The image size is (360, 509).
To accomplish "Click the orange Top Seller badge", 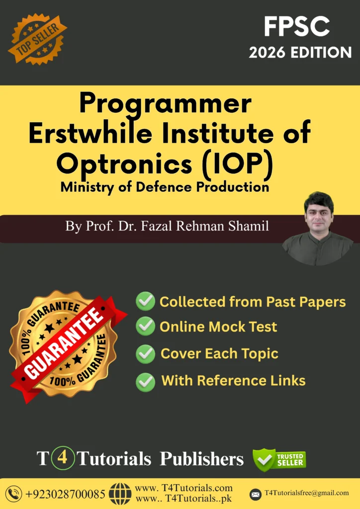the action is [37, 39].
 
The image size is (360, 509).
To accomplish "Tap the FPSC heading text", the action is [297, 27].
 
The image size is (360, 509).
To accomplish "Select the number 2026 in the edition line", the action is [268, 53].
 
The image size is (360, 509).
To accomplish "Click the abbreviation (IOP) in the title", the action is [237, 163].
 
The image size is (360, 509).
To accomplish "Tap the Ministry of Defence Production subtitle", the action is [165, 187].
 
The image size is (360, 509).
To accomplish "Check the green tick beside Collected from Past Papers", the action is [145, 302].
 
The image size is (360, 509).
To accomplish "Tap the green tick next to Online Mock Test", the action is [145, 326].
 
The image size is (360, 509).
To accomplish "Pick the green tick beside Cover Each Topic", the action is [145, 353].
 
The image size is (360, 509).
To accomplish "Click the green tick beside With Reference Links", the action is [145, 382].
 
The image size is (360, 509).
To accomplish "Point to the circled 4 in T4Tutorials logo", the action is [63, 458].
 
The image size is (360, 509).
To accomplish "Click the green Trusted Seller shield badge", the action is [279, 459].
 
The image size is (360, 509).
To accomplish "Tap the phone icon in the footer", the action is [14, 494].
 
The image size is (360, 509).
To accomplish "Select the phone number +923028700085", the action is [65, 494].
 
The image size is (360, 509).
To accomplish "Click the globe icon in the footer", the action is [120, 494].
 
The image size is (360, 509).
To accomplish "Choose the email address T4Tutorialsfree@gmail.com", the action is [307, 493].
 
